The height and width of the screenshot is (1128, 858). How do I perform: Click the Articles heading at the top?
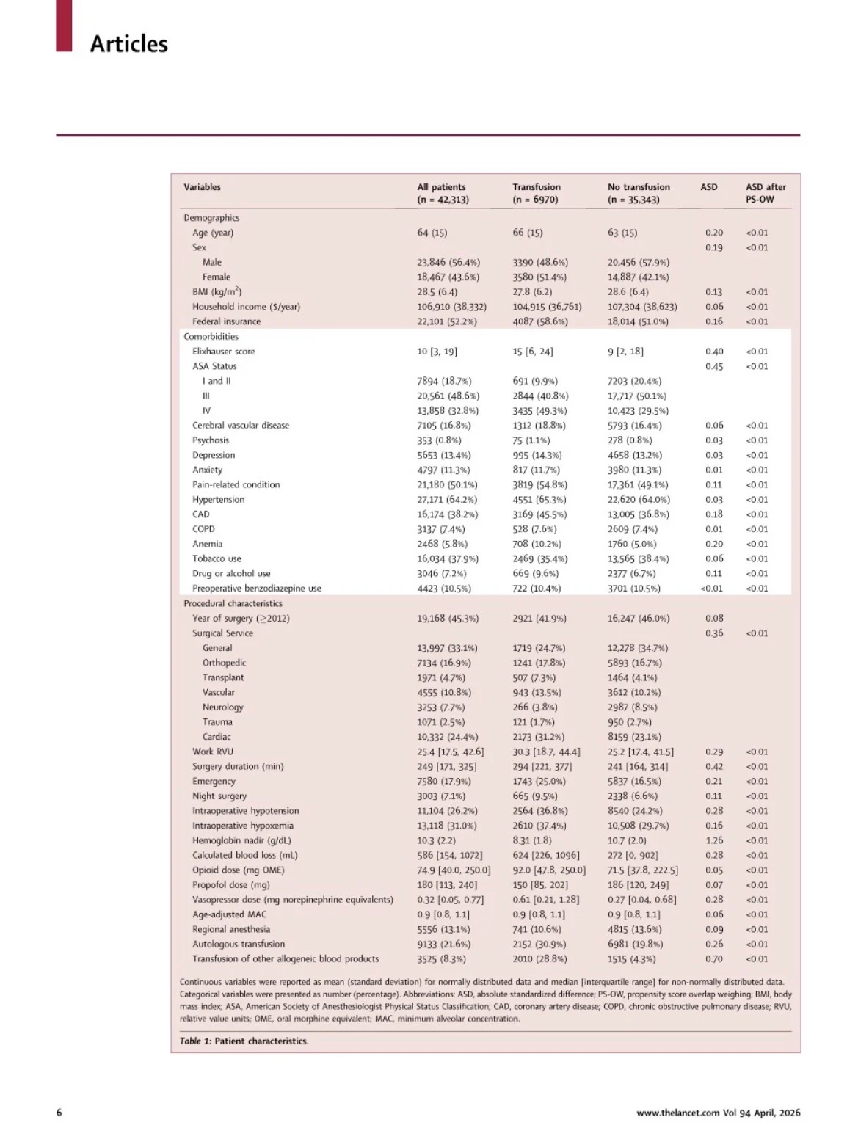click(x=128, y=44)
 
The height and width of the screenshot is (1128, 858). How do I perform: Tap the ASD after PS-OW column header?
click(x=765, y=193)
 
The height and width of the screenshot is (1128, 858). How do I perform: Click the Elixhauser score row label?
click(x=223, y=352)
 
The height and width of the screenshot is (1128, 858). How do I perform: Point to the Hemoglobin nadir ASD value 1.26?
click(x=713, y=840)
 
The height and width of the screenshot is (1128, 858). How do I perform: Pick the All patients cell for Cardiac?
click(x=447, y=737)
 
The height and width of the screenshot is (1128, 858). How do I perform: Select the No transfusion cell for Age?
click(x=622, y=233)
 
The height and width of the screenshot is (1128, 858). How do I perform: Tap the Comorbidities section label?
click(x=211, y=337)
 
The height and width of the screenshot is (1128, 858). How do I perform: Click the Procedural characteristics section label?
click(x=233, y=603)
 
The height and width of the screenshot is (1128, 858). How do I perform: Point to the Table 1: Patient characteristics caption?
click(x=244, y=1041)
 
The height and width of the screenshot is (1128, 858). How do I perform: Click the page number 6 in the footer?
click(x=59, y=1113)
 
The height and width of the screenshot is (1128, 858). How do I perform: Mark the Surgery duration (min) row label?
click(x=238, y=766)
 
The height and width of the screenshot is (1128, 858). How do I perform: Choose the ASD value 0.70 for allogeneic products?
click(x=713, y=958)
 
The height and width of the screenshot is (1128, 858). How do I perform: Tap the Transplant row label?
click(x=223, y=677)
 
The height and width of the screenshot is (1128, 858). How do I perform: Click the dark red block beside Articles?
click(x=64, y=26)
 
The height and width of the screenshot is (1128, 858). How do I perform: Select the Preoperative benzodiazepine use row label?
click(x=256, y=589)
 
